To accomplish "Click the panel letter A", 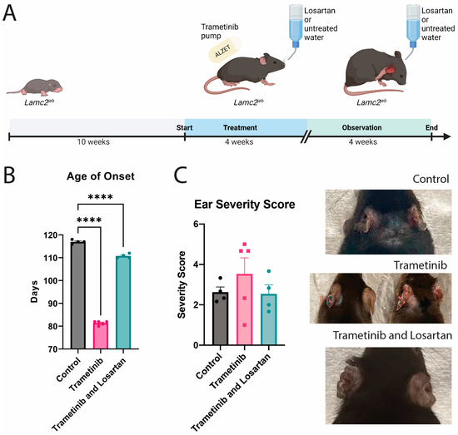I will (12, 16).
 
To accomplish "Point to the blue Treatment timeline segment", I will (246, 129).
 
